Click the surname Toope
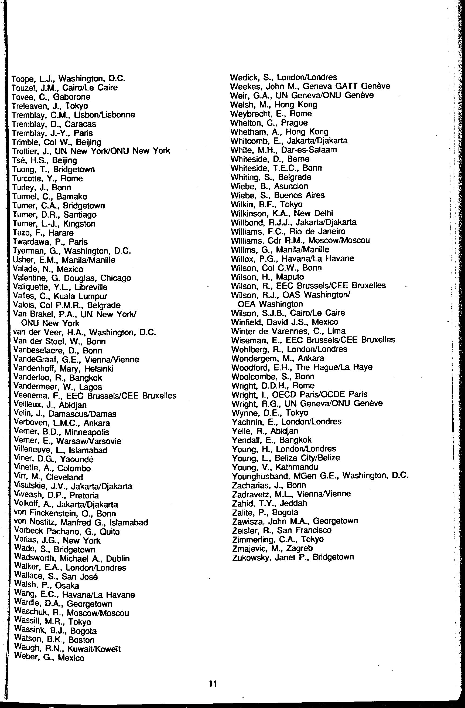(x=23, y=79)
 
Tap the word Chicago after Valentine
(x=116, y=278)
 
